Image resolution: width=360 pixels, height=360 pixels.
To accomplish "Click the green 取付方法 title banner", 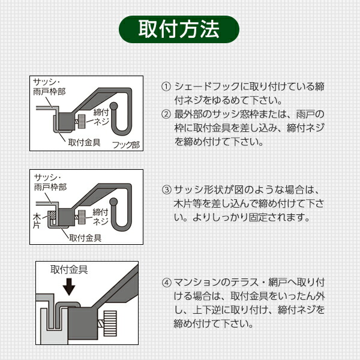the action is tap(179, 29).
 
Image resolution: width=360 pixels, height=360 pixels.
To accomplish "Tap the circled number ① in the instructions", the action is tap(166, 86).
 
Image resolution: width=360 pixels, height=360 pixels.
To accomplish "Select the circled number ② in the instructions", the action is tap(166, 114).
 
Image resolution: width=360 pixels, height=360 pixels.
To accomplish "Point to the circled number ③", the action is tap(166, 190).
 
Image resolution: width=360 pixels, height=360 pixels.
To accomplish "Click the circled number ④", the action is tap(166, 282).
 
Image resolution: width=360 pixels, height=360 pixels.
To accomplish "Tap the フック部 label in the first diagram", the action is tap(126, 145).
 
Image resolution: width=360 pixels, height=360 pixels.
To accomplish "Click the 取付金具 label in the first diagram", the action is tap(84, 142).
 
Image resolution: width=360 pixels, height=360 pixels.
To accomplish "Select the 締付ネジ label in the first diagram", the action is tap(101, 117).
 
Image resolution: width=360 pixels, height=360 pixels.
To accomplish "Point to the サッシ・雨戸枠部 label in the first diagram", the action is tap(49, 87).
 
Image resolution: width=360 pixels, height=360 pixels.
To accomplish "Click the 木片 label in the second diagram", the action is tap(37, 221).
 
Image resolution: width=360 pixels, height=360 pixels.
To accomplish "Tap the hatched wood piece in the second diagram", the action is tap(53, 215).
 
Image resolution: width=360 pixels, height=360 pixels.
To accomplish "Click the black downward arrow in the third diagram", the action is tap(69, 287).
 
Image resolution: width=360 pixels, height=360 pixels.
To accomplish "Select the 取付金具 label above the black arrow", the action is tap(69, 269).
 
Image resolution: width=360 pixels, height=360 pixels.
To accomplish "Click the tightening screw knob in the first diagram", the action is tap(82, 121).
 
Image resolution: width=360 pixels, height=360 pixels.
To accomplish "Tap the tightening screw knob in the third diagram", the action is tap(110, 323).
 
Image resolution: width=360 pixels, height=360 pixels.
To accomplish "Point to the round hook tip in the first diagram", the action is tap(113, 106).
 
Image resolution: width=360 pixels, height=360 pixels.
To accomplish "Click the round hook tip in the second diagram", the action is tap(113, 202).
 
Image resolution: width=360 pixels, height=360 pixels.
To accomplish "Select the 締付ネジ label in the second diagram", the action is tap(101, 217).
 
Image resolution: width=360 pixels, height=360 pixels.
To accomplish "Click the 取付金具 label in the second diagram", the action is tap(85, 238).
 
